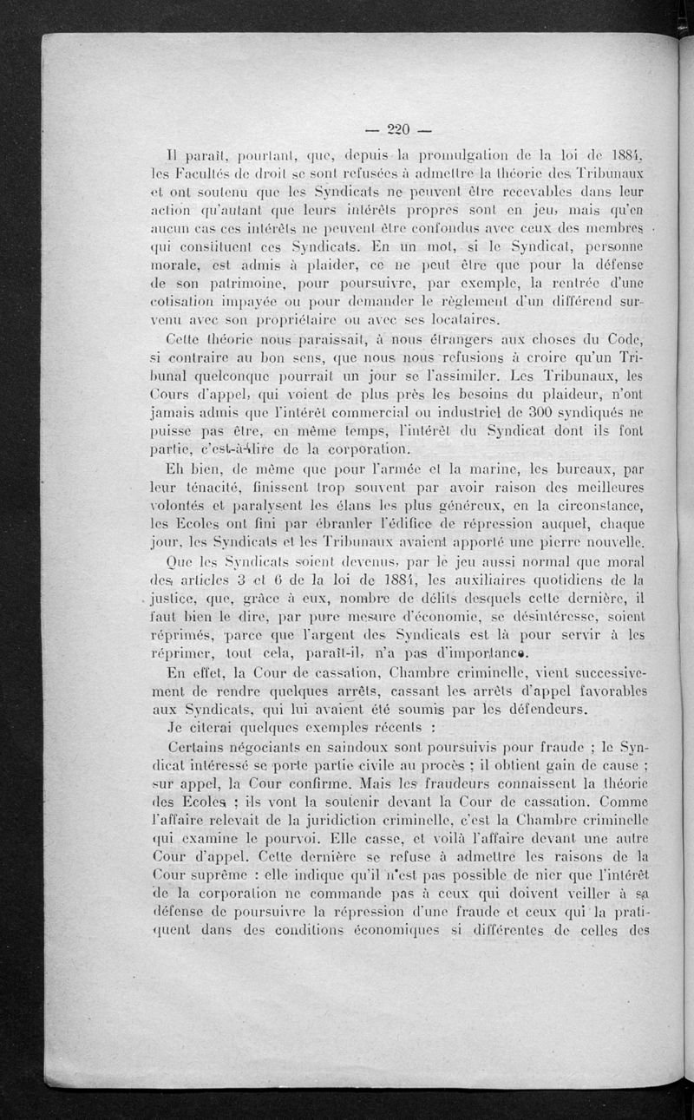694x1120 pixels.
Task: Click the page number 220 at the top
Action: [398, 130]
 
